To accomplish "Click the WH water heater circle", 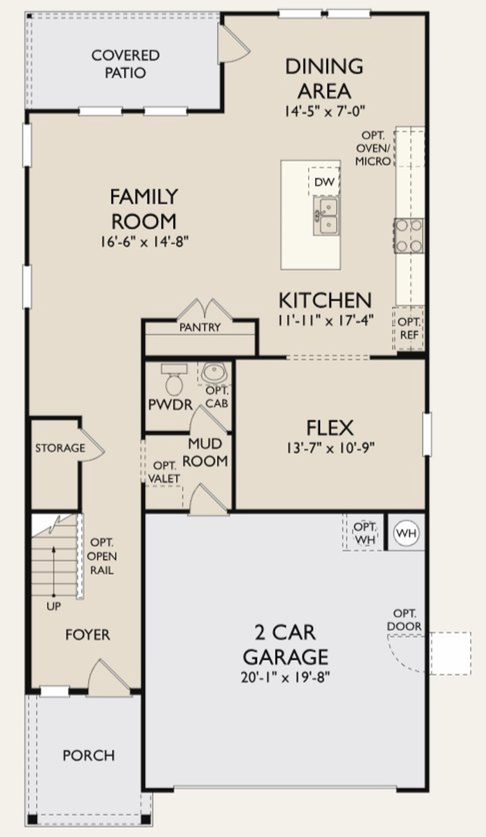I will (x=406, y=533).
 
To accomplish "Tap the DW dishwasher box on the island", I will (x=324, y=182).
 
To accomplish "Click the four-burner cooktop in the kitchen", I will (x=409, y=235).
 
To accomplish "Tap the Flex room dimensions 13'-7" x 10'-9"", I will (x=330, y=448).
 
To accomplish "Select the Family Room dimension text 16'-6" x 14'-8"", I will (x=144, y=242).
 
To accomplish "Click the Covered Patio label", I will (x=125, y=64).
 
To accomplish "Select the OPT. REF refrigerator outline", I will (x=408, y=328).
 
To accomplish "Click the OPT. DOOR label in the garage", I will (x=404, y=620).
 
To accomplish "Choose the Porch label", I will (x=88, y=755).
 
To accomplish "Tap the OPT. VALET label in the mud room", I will (x=164, y=472).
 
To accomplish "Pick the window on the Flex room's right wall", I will (x=427, y=434).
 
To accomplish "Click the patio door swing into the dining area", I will (x=234, y=45).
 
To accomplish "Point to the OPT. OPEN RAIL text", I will (x=102, y=556).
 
